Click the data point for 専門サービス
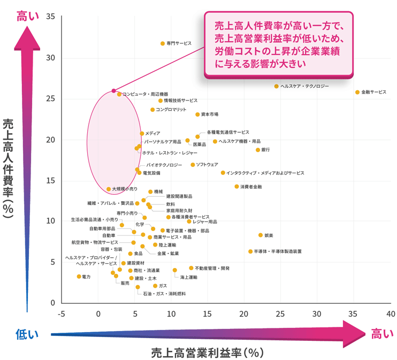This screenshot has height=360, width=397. [163, 43]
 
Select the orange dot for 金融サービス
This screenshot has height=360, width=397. [357, 93]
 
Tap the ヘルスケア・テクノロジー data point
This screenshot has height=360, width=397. [277, 86]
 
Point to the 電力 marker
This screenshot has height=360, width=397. [79, 277]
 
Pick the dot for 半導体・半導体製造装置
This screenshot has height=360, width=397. [250, 251]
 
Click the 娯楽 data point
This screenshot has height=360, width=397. [261, 235]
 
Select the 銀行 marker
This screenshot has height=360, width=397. [258, 150]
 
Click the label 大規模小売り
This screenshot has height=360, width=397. [125, 189]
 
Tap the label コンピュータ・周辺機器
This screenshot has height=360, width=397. [145, 94]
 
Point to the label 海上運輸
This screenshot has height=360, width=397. [188, 277]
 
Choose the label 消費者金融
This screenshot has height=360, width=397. [251, 187]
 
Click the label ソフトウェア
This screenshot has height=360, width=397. [207, 165]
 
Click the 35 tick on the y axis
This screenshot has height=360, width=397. [51, 17]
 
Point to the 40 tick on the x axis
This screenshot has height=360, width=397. [391, 313]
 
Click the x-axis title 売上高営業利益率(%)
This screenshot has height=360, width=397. [209, 353]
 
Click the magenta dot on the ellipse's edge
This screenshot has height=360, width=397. [113, 90]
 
